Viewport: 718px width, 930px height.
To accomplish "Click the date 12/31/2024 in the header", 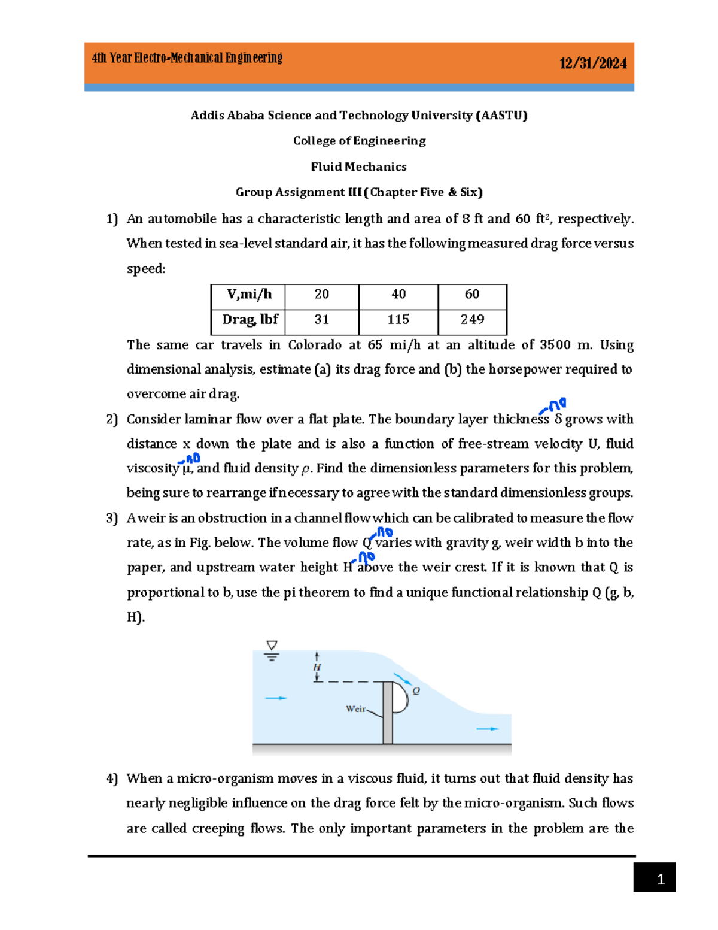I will (592, 63).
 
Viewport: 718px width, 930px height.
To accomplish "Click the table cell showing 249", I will (472, 320).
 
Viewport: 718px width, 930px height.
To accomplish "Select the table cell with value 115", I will (398, 320).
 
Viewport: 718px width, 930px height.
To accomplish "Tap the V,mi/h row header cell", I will (249, 294).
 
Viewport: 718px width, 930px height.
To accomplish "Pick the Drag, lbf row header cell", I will (250, 320).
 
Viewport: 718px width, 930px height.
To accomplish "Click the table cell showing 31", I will (322, 320).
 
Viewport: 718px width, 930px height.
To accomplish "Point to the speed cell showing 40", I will (398, 294).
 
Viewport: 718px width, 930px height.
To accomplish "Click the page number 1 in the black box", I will (660, 879).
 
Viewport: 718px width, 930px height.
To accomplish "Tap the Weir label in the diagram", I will (355, 709).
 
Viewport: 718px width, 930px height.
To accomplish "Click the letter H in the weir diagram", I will (317, 667).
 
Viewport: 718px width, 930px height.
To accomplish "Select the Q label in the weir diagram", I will (416, 691).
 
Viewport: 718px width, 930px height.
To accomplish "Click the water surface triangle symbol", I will (272, 646).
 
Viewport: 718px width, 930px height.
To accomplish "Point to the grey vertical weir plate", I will (388, 713).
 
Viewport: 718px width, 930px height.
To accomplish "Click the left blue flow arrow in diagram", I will (276, 698).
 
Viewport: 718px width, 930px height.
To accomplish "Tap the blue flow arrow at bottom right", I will (487, 729).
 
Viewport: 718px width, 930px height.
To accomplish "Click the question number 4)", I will (112, 778).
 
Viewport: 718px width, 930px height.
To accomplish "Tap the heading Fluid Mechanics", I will (358, 166).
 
